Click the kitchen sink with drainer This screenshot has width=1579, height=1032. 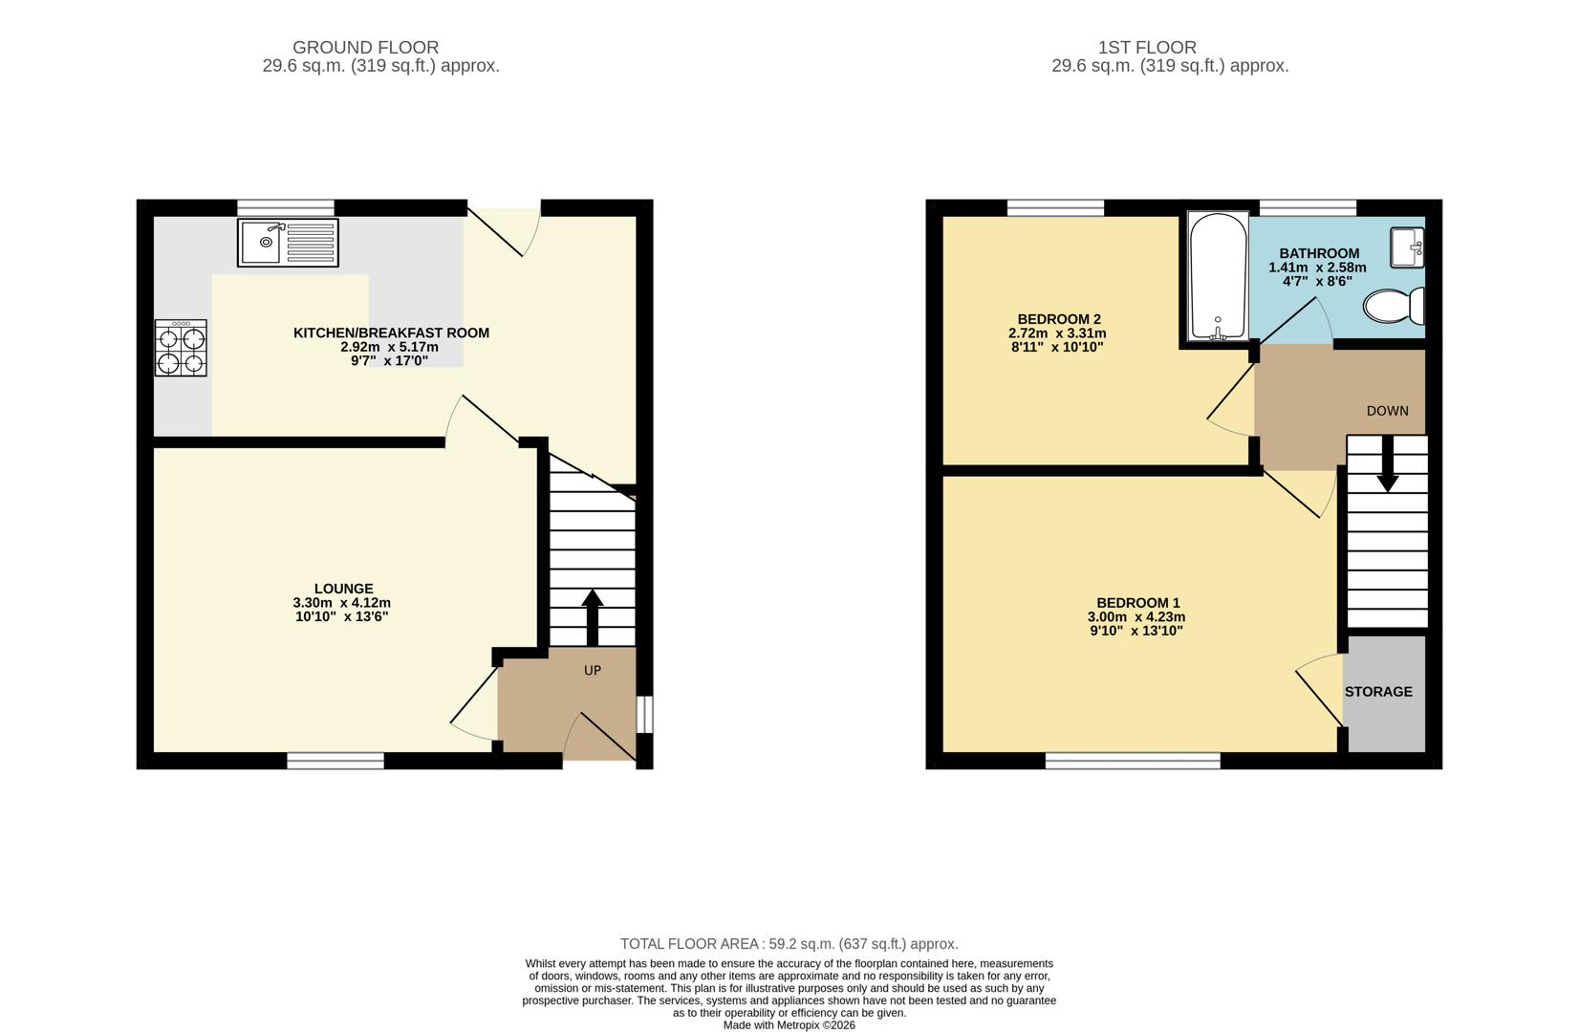pyautogui.click(x=288, y=243)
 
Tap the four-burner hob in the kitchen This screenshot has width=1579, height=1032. pyautogui.click(x=181, y=349)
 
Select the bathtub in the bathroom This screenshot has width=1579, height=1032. pyautogui.click(x=1218, y=277)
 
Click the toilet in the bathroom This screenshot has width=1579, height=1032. pyautogui.click(x=1394, y=307)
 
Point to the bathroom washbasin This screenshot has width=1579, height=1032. pyautogui.click(x=1407, y=247)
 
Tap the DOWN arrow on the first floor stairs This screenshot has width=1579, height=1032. pyautogui.click(x=1387, y=465)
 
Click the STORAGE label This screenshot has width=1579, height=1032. pyautogui.click(x=1377, y=692)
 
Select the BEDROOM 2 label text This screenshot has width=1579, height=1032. pyautogui.click(x=1058, y=319)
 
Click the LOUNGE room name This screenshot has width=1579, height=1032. pyautogui.click(x=344, y=589)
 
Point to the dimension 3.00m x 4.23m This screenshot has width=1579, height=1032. pyautogui.click(x=1136, y=617)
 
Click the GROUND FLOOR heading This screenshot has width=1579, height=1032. pyautogui.click(x=365, y=47)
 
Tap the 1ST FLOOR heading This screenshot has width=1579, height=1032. pyautogui.click(x=1146, y=47)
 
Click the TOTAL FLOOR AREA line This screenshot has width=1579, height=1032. pyautogui.click(x=789, y=944)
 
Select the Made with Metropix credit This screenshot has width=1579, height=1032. pyautogui.click(x=789, y=1025)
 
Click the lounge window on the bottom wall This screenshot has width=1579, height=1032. pyautogui.click(x=335, y=761)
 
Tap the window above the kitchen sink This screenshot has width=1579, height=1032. pyautogui.click(x=286, y=207)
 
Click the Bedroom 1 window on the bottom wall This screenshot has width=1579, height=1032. pyautogui.click(x=1133, y=761)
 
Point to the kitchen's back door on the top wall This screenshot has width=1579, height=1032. pyautogui.click(x=504, y=229)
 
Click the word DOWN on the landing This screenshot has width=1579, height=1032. pyautogui.click(x=1387, y=411)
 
